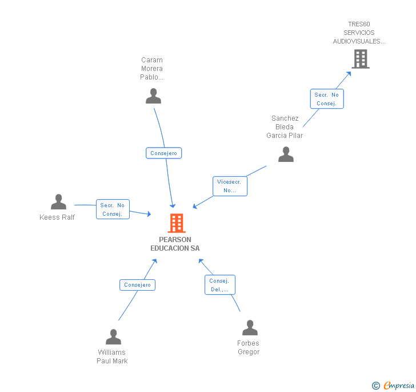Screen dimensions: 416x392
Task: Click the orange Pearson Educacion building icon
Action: [177, 223]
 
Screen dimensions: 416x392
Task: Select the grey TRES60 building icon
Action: [361, 59]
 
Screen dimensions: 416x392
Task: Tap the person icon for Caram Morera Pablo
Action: [153, 96]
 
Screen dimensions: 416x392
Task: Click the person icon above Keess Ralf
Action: [58, 202]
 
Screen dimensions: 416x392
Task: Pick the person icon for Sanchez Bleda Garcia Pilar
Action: [286, 155]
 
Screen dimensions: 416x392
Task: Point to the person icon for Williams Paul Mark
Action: [113, 337]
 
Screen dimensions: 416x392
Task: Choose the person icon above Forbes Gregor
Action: [250, 328]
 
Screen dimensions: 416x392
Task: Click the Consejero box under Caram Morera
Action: [163, 153]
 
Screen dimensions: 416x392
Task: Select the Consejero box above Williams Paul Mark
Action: [137, 284]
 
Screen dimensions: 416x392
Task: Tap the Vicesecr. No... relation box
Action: [230, 186]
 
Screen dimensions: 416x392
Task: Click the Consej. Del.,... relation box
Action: [219, 285]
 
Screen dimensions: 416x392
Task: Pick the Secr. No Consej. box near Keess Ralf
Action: [113, 209]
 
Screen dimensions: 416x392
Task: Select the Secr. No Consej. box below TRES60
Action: [327, 99]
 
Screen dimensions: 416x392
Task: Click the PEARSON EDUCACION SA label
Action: [175, 244]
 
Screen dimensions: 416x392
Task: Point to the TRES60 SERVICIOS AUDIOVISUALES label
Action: [359, 33]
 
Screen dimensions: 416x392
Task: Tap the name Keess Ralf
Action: [57, 217]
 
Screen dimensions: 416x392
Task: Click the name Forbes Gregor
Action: [249, 348]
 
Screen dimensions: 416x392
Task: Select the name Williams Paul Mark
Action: [112, 357]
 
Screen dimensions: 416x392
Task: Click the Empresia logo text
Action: [399, 385]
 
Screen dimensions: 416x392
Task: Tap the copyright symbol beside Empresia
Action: [376, 386]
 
